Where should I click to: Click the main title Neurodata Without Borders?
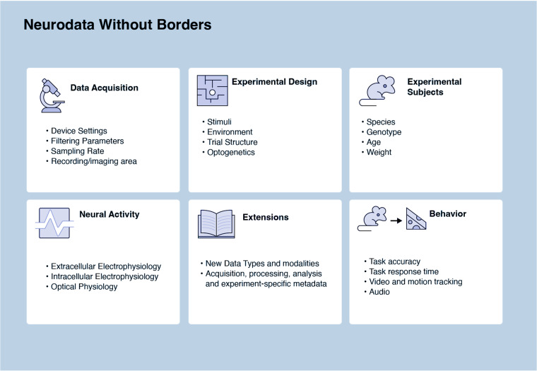click(x=117, y=25)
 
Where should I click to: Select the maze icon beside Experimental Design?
click(x=211, y=90)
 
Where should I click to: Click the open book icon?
click(x=216, y=223)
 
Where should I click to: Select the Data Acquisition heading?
click(x=104, y=88)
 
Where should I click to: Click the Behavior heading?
click(x=447, y=213)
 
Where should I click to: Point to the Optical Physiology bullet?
click(x=84, y=286)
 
